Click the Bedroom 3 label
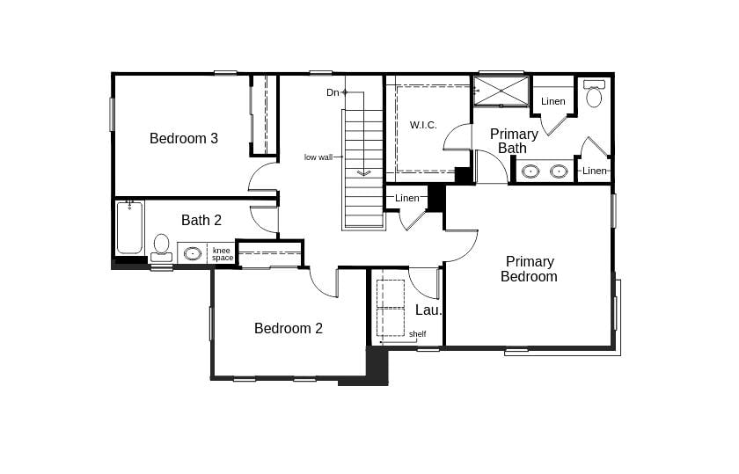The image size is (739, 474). pos(184,138)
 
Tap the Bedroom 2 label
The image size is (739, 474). pos(289,328)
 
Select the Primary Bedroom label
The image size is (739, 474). pos(530,268)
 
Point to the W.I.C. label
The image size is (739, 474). pos(423,125)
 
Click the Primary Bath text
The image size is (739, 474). pos(514,141)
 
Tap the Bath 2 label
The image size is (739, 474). pos(201,220)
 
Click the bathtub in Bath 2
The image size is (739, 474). pos(129,228)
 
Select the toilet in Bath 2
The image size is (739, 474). pos(161,248)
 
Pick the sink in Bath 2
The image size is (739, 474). pos(193,253)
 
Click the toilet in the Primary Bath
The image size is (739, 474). pos(594,93)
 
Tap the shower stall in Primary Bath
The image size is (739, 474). pos(501,91)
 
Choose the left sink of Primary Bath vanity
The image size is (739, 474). pos(530,171)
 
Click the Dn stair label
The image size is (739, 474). pos(333,92)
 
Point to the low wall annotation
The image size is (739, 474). pos(318,157)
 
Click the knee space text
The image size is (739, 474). pos(222,254)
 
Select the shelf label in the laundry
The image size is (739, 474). pos(418,333)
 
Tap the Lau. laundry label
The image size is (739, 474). pos(428,310)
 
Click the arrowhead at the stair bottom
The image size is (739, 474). pos(364,173)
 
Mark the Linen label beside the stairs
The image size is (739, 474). pos(406,198)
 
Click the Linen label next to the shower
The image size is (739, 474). pos(552,101)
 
